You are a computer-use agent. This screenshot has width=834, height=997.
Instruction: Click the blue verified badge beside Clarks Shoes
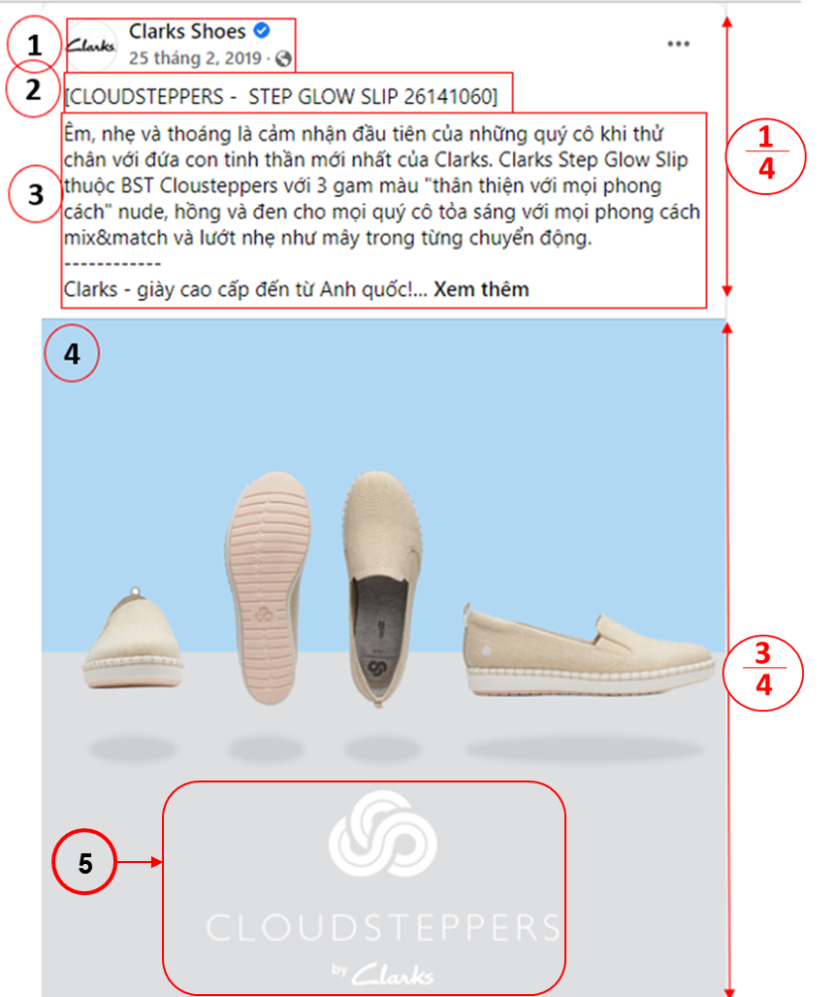pos(262,30)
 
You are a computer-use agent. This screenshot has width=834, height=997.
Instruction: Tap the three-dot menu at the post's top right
pos(679,44)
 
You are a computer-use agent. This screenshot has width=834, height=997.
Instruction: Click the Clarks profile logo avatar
pos(92,46)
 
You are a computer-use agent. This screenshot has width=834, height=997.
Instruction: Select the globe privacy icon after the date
pos(283,58)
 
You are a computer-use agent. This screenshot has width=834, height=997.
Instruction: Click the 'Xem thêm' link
pos(481,289)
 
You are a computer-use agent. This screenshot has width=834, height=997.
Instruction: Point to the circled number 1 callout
pos(34,45)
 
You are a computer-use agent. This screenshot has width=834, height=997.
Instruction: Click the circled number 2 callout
pos(33,89)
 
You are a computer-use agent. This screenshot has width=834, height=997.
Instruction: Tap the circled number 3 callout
pos(36,194)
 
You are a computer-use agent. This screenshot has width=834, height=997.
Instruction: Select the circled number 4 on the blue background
pos(72,353)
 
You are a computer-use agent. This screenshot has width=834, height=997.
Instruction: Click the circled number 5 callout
pos(84,862)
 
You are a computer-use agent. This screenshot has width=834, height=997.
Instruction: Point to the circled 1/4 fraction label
pos(766,156)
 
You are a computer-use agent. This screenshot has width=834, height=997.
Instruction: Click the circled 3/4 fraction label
pos(763,673)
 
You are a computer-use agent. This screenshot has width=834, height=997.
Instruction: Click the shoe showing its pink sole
pos(268,587)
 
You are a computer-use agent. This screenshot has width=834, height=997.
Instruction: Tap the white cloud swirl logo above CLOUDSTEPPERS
pos(382,833)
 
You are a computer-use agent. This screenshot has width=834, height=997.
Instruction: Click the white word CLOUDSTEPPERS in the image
pos(383,928)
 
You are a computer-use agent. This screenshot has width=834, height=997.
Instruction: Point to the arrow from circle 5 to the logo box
pos(140,862)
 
